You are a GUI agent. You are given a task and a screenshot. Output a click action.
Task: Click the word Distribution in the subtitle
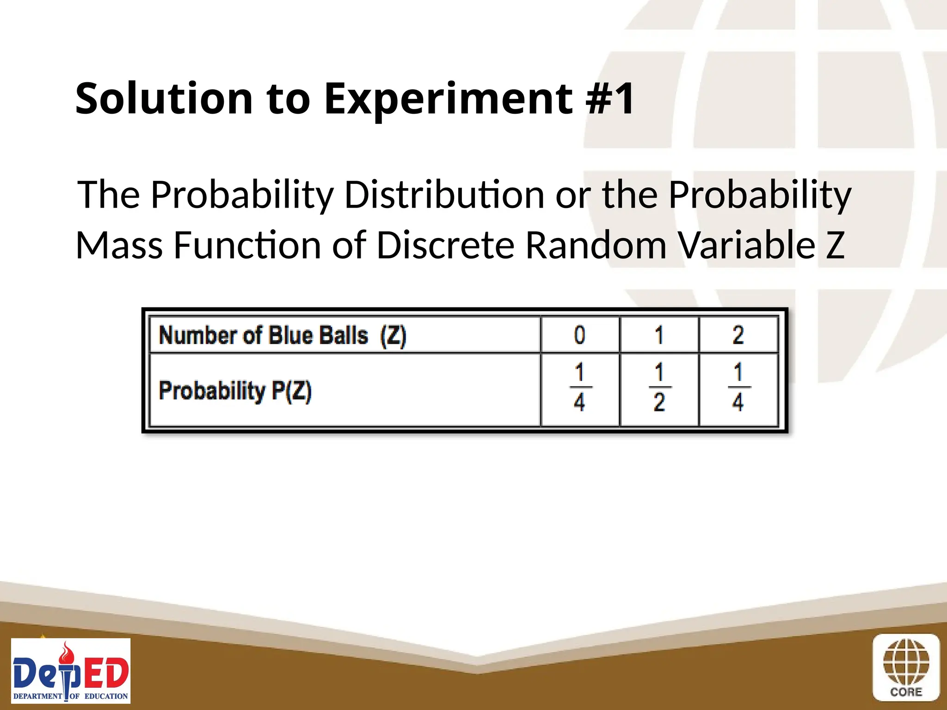pos(444,195)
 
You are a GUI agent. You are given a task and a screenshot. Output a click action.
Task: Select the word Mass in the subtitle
pos(119,245)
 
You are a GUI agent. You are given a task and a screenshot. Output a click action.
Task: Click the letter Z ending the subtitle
pos(835,245)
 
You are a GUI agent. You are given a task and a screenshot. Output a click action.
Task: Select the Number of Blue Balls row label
pos(282,335)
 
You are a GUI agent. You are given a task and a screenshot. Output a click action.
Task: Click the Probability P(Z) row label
pos(235,391)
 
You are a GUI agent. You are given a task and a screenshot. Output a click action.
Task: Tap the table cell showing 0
pos(579,335)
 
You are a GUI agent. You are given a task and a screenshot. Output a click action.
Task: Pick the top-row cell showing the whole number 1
pos(659,335)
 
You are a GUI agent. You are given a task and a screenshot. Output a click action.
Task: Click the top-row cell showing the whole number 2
pos(738,335)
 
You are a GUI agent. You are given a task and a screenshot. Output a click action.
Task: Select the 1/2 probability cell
pos(659,388)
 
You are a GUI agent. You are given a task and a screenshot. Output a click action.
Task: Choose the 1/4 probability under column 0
pos(579,388)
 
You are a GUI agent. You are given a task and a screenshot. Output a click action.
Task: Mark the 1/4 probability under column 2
pos(738,388)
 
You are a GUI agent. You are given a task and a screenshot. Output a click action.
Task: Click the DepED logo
pos(71,671)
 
